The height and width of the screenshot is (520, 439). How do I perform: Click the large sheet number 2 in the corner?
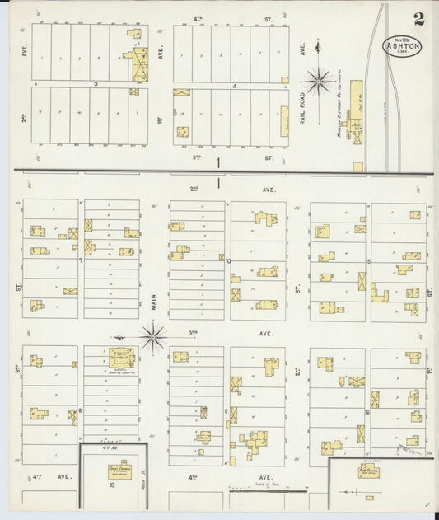(419, 18)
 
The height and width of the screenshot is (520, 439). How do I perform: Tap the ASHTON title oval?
(402, 46)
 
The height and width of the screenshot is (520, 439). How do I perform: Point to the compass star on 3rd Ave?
(153, 335)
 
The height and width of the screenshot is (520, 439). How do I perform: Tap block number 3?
(96, 84)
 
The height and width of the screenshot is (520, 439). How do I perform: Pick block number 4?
(234, 85)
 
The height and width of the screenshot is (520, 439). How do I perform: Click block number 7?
(80, 260)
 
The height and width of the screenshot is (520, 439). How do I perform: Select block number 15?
(368, 260)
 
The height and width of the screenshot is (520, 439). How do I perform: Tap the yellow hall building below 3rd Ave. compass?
(122, 357)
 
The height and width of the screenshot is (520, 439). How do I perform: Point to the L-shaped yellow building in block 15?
(379, 293)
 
